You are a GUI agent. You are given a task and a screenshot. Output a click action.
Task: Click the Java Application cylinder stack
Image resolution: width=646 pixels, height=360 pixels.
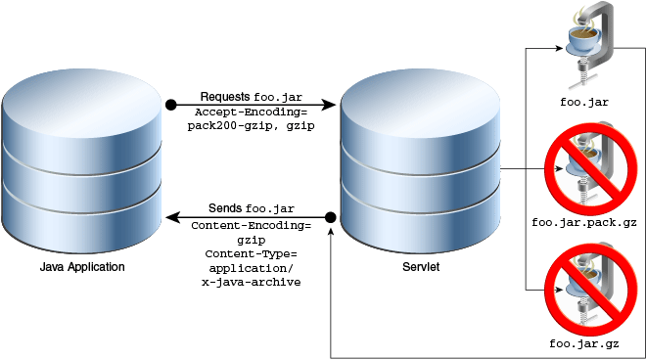point(82,160)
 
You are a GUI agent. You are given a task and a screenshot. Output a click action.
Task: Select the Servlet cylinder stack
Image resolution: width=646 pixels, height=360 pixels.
point(420,160)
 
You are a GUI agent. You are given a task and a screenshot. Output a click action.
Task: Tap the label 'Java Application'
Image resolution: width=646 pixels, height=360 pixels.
point(82,267)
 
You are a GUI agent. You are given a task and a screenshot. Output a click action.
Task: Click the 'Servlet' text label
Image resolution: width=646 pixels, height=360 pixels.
point(420,267)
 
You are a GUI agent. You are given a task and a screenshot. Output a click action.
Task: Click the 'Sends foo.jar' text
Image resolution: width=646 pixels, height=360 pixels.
point(251,209)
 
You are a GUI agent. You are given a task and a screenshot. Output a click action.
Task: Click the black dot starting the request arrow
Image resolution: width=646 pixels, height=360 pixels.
point(170,104)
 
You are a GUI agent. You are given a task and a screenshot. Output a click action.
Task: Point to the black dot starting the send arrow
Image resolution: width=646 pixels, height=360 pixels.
point(331,216)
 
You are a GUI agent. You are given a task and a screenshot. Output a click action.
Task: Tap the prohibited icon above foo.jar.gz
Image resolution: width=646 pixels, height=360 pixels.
point(585,289)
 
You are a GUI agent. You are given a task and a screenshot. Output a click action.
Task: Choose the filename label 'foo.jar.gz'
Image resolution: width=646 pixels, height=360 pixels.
point(585,344)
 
